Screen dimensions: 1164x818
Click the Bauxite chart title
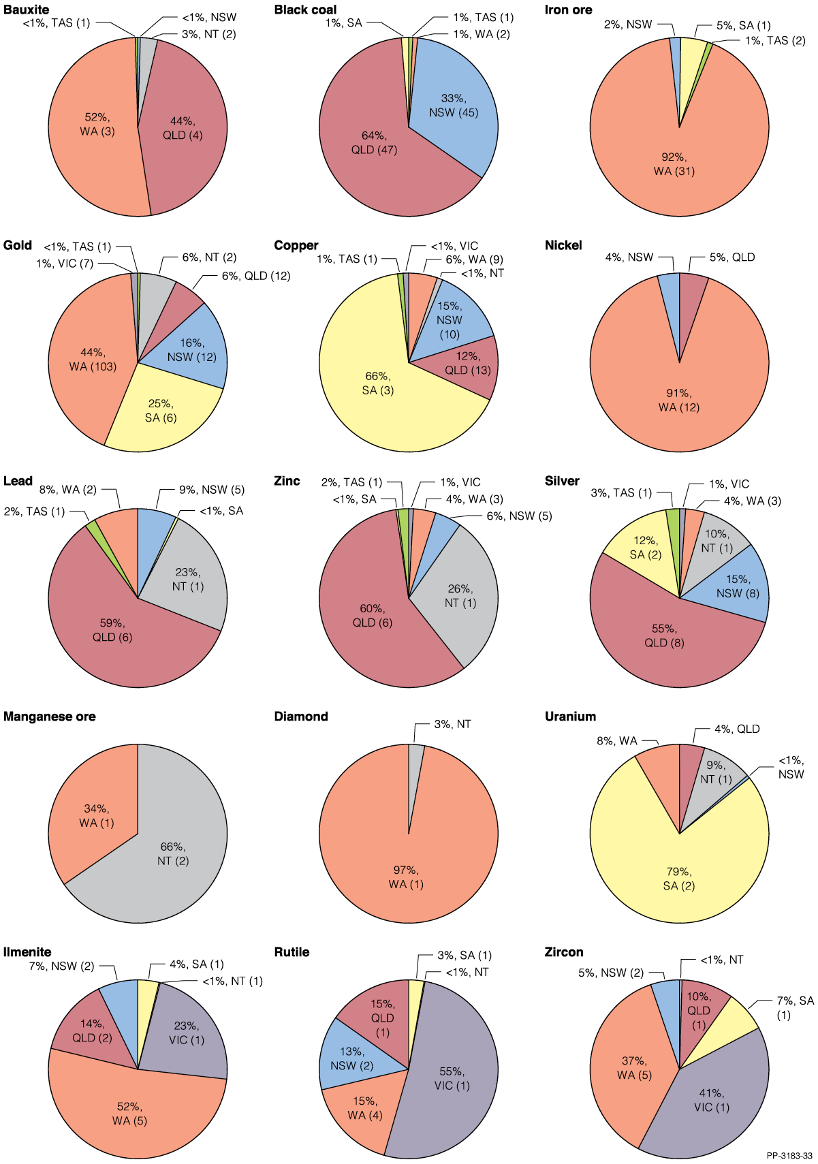click(x=26, y=10)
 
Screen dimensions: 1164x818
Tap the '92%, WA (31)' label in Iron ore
click(x=674, y=164)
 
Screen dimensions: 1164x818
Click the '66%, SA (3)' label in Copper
click(x=378, y=383)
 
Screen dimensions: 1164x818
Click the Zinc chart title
click(x=287, y=481)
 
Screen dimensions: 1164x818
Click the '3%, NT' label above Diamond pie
click(x=452, y=724)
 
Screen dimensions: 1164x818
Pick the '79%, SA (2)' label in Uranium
click(x=678, y=879)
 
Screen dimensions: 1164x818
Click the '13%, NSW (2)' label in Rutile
click(x=351, y=1058)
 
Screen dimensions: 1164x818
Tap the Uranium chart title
click(x=570, y=717)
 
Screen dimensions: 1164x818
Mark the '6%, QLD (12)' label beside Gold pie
click(x=255, y=276)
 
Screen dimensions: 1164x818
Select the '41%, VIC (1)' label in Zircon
click(x=711, y=1101)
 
